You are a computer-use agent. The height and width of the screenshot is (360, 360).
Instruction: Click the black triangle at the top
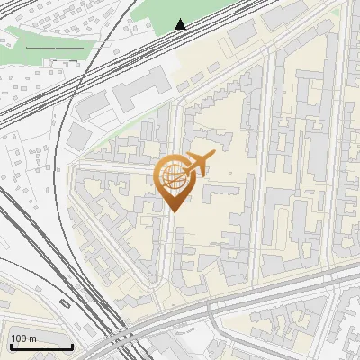[x=181, y=24]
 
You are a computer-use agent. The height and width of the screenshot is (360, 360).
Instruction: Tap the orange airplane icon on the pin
[x=200, y=162]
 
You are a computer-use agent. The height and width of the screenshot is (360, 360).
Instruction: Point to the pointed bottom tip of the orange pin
[x=173, y=211]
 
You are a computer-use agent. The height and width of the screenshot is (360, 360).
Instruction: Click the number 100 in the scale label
[x=18, y=338]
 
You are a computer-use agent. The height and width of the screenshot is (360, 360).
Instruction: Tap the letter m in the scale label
[x=31, y=338]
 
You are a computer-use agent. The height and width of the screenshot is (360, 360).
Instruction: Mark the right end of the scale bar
[x=72, y=346]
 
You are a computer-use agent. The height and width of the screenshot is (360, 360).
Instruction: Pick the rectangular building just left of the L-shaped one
[x=93, y=106]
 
